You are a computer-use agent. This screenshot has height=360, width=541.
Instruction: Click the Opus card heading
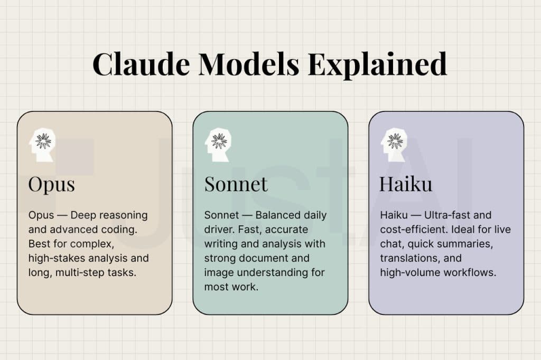[51, 184]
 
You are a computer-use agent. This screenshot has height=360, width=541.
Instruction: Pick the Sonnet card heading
[236, 184]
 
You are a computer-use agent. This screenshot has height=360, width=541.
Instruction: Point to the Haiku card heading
[405, 184]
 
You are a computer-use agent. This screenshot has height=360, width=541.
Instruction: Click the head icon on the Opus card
[42, 144]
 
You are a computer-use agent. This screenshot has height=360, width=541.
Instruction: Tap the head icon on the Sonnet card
[218, 144]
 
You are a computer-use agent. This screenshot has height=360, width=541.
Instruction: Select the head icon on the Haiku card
[394, 144]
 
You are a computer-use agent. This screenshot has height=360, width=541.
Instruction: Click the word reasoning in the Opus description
[125, 215]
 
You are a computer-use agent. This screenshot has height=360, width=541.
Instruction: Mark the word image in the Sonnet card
[219, 272]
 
